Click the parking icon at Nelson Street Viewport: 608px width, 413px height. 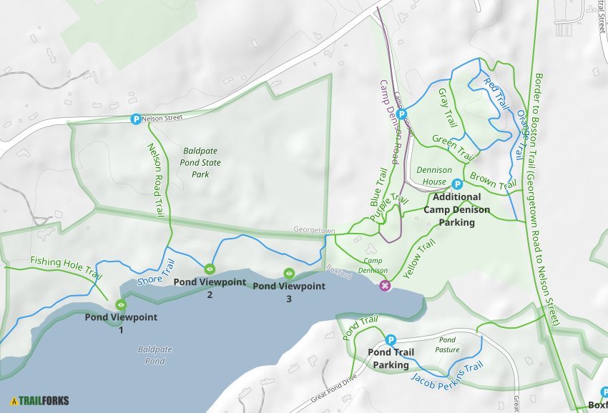[135, 119]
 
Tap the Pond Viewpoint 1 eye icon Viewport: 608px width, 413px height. [121, 305]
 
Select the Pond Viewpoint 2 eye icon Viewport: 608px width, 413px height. [210, 269]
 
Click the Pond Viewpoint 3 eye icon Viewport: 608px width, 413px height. [289, 273]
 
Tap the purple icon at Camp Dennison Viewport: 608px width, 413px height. [386, 286]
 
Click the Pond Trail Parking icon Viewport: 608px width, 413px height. [391, 340]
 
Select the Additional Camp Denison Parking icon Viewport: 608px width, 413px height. [457, 184]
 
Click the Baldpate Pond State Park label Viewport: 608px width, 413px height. [201, 162]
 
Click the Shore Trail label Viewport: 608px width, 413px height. [155, 272]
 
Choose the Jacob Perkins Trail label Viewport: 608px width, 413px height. [448, 374]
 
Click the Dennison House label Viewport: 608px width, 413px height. [434, 175]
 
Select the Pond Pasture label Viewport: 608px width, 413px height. [447, 344]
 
